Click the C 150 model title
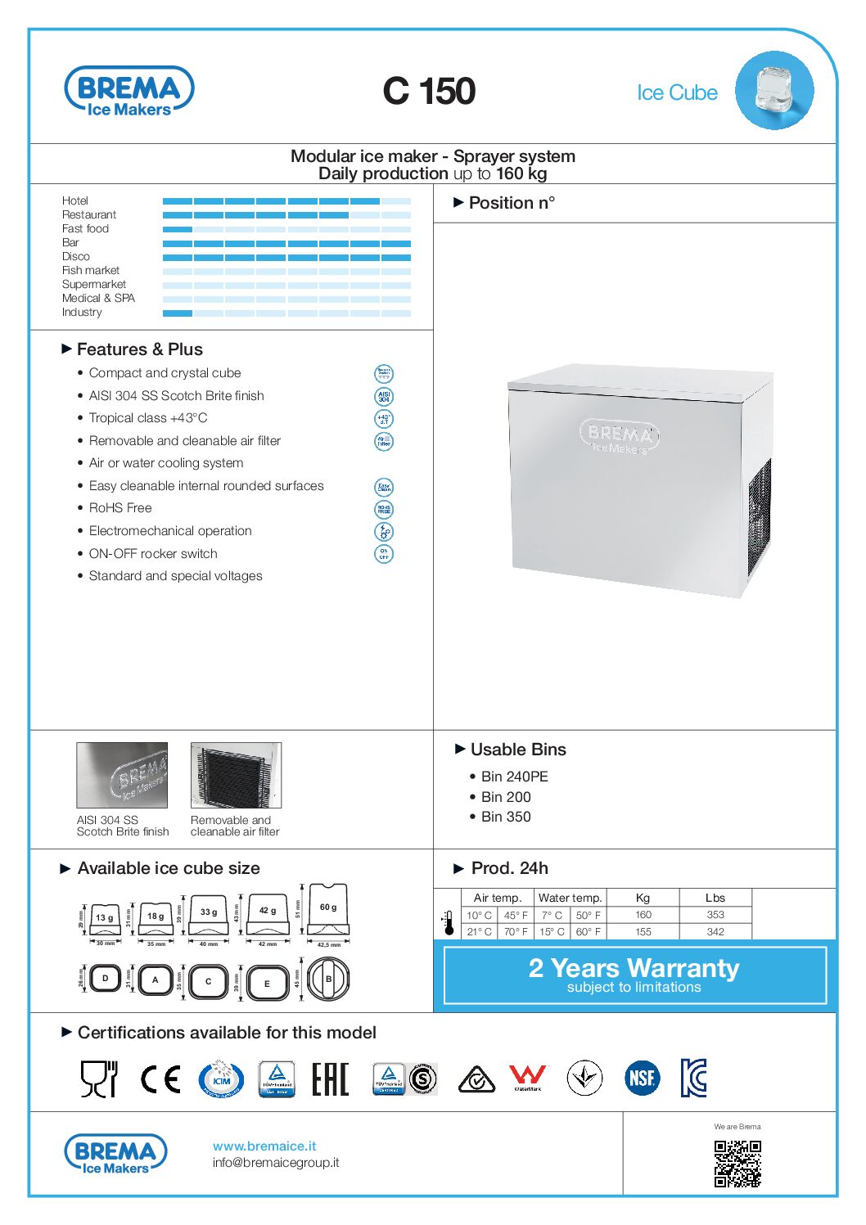pos(429,91)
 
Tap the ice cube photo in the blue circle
pos(774,90)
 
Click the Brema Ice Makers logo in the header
pos(129,92)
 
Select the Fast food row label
pos(85,228)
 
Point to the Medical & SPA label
pos(98,298)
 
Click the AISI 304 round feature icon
pos(383,397)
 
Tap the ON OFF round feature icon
pos(383,554)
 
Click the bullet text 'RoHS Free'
pos(120,508)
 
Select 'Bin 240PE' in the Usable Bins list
pos(514,777)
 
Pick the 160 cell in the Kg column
pos(643,915)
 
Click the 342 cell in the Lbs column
pos(715,931)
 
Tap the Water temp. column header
pos(570,898)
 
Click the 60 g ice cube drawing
pos(327,911)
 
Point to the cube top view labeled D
pos(106,979)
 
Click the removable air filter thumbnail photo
pos(236,775)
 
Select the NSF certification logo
pos(643,1078)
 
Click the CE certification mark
pos(160,1079)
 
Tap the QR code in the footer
pos(737,1164)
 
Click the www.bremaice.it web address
pos(264,1146)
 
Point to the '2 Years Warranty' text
pos(634,968)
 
